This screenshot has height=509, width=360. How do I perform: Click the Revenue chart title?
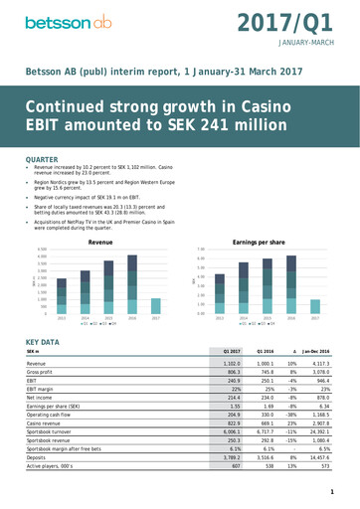(100, 242)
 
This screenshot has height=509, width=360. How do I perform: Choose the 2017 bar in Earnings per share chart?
(315, 307)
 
